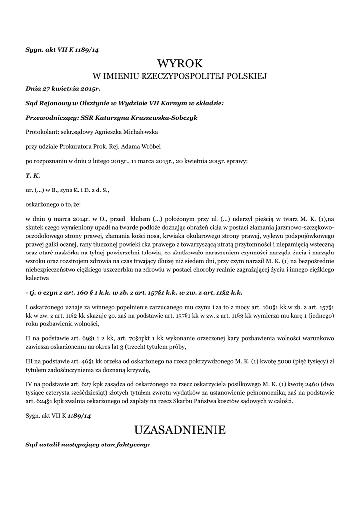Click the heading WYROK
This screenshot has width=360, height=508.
click(x=180, y=63)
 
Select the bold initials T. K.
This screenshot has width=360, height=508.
click(x=33, y=175)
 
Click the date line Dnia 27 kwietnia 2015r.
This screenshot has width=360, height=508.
click(x=63, y=89)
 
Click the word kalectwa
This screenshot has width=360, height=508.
click(x=38, y=279)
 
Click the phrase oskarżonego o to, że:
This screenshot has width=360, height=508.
click(x=52, y=204)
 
